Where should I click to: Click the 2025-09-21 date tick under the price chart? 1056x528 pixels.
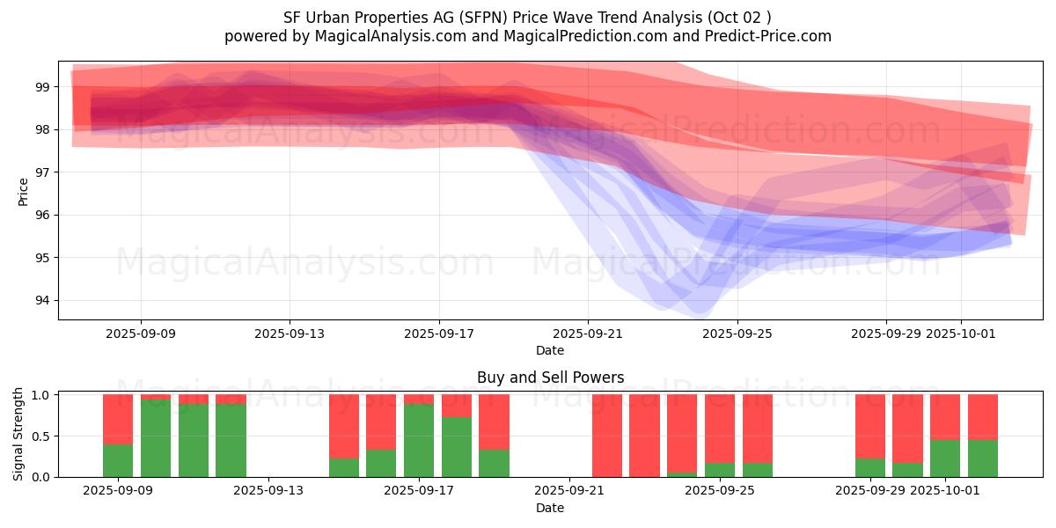pyautogui.click(x=588, y=334)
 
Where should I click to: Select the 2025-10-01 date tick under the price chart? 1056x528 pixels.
pyautogui.click(x=961, y=334)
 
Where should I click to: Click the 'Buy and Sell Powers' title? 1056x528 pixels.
pyautogui.click(x=550, y=378)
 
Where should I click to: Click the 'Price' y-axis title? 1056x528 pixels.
pyautogui.click(x=24, y=191)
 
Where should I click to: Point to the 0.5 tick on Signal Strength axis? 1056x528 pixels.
pyautogui.click(x=42, y=436)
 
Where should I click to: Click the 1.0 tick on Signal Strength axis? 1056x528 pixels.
pyautogui.click(x=42, y=395)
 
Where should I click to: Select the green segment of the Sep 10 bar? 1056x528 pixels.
pyautogui.click(x=156, y=438)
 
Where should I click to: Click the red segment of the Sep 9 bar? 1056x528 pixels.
pyautogui.click(x=118, y=419)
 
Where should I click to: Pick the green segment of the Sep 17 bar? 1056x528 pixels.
pyautogui.click(x=419, y=440)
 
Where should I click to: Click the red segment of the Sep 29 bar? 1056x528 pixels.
pyautogui.click(x=870, y=426)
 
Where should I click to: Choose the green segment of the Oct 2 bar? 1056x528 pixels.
pyautogui.click(x=983, y=458)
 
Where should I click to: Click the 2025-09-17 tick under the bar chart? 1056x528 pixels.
pyautogui.click(x=419, y=491)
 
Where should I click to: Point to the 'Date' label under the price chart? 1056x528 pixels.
pyautogui.click(x=550, y=350)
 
